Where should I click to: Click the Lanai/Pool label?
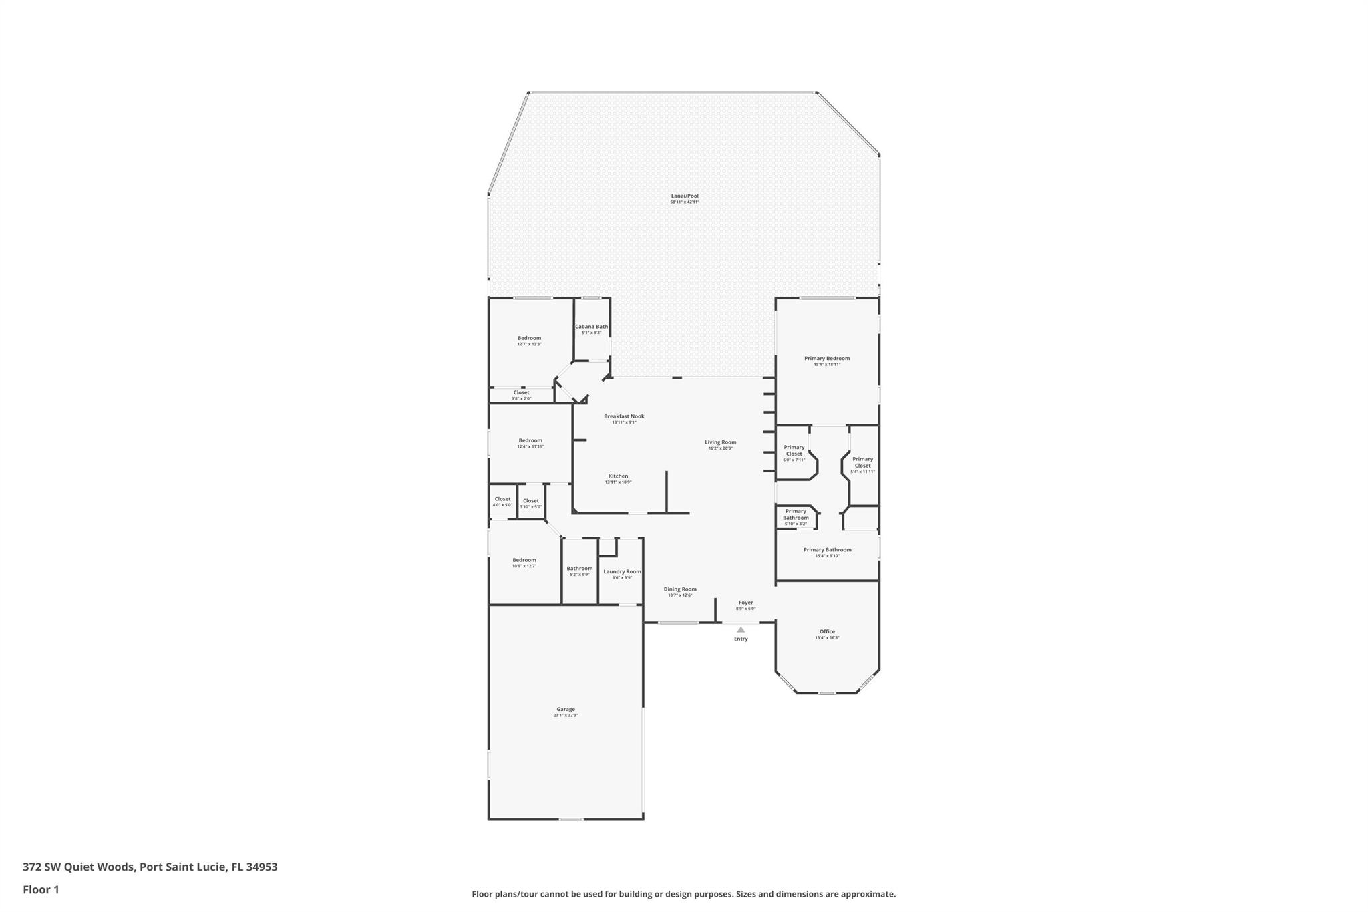[685, 196]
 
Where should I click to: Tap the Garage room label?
[565, 710]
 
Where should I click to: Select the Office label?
[827, 631]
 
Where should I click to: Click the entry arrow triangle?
[741, 629]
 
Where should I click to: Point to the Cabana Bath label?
[591, 327]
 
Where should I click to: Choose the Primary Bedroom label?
[827, 359]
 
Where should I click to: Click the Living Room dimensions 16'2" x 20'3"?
[720, 448]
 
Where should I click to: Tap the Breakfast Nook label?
[624, 416]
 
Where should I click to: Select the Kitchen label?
[618, 476]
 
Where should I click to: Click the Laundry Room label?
[622, 571]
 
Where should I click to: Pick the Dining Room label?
[680, 589]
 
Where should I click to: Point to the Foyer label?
[745, 603]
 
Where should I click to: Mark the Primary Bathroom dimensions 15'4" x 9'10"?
[827, 556]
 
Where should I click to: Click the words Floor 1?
[41, 889]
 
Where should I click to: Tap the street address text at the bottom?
[150, 867]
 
